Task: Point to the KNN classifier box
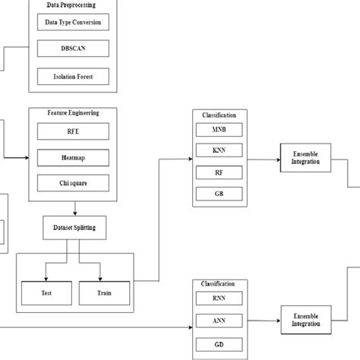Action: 218,151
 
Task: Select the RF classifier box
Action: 218,172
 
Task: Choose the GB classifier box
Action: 218,194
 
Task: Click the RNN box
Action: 218,298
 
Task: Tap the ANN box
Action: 218,320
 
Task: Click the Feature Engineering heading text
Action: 74,112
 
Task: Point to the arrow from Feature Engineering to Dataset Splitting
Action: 74,209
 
